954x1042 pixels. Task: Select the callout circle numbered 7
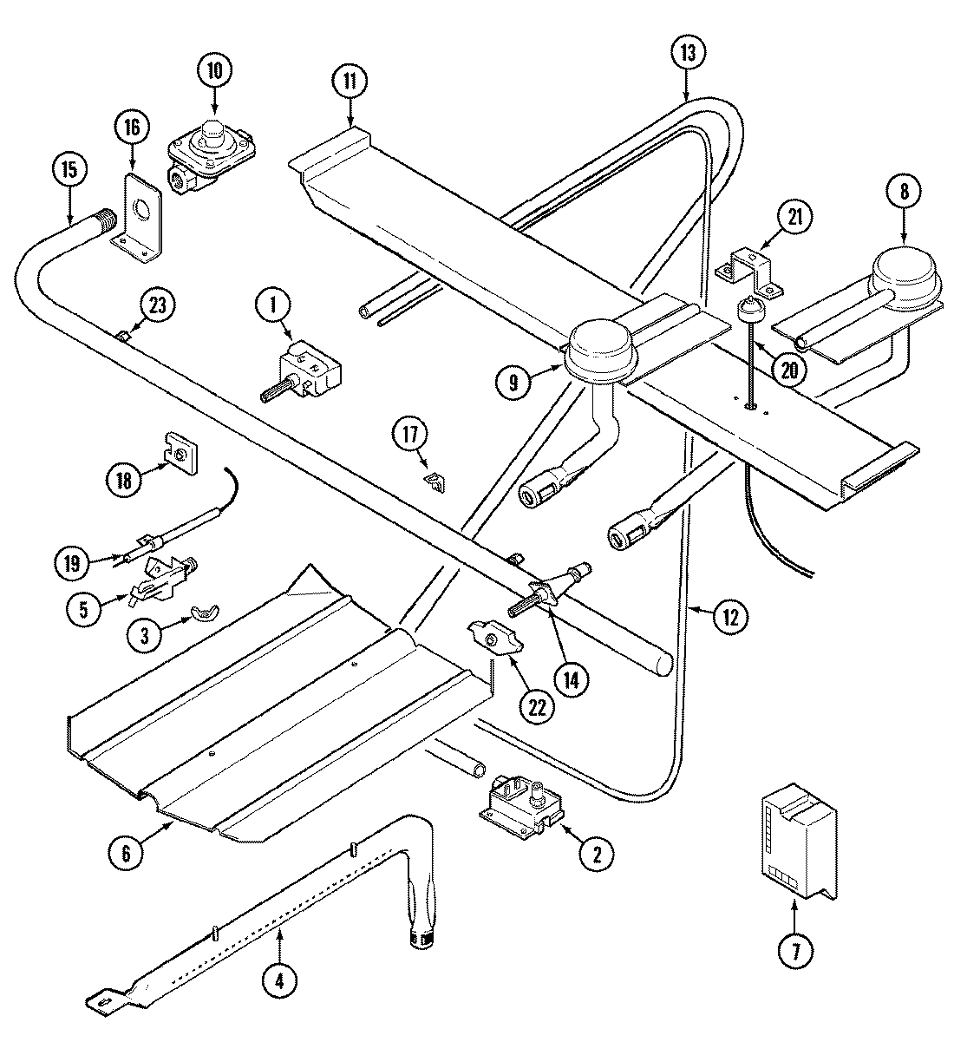tap(795, 952)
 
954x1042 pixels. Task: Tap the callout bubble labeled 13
tap(687, 53)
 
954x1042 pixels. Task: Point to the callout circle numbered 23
tap(159, 305)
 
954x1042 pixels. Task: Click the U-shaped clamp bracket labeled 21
tap(750, 267)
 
